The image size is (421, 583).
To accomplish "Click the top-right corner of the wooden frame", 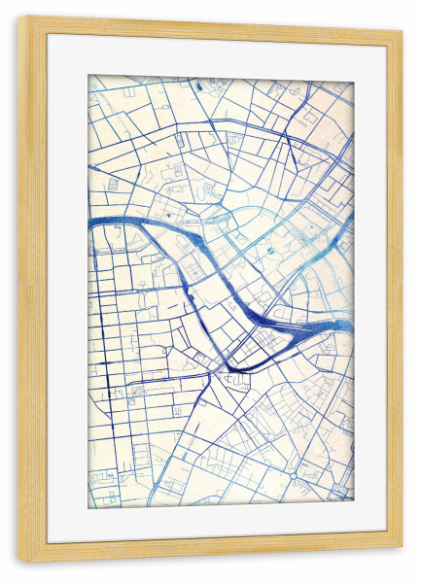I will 402,30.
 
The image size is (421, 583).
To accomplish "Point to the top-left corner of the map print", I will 88,75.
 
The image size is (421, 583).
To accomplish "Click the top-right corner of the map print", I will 353,82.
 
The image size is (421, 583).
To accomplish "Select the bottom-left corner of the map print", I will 88,507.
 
